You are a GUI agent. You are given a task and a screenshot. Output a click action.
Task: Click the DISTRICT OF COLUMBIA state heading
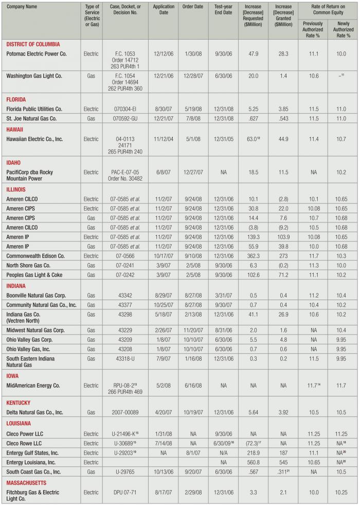33,44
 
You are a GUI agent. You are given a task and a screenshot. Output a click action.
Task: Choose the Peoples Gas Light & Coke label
34,275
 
